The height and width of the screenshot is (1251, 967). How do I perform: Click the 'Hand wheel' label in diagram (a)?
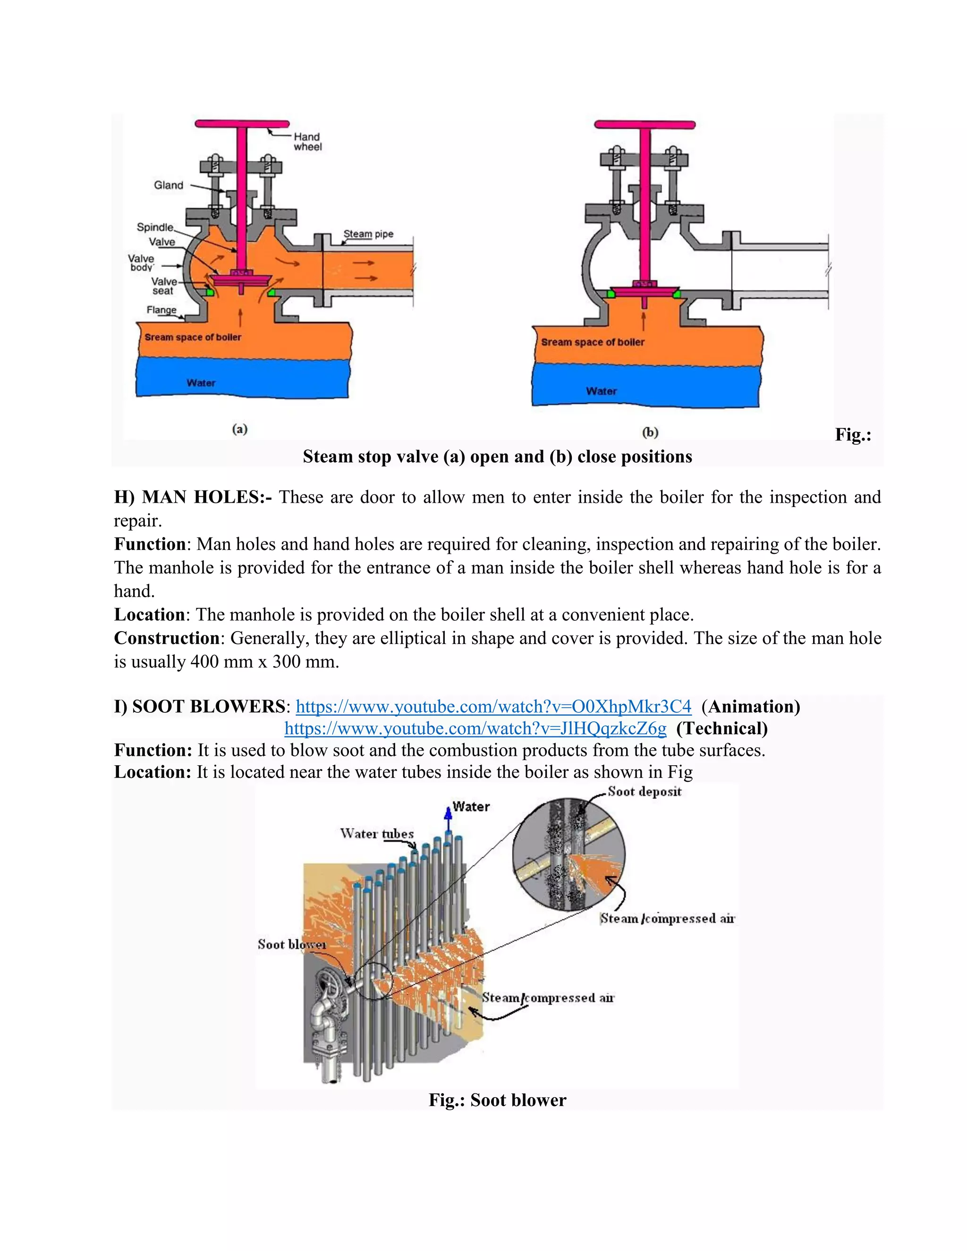tap(308, 142)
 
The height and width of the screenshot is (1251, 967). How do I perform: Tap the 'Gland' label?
tap(169, 185)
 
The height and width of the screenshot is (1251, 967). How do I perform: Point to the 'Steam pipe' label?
tap(368, 234)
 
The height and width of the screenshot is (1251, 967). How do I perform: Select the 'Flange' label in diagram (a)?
tap(161, 310)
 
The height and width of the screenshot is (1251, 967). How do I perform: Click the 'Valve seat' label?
tap(163, 286)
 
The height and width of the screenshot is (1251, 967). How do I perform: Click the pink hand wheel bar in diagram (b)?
tap(645, 124)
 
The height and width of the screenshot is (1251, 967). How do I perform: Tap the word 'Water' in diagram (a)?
tap(201, 383)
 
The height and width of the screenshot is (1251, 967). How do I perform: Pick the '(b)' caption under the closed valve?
tap(650, 432)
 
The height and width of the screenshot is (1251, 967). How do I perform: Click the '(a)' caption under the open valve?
tap(239, 429)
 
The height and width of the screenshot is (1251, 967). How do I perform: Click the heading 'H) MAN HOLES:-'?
tap(193, 497)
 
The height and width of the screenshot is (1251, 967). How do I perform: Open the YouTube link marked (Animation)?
tap(493, 706)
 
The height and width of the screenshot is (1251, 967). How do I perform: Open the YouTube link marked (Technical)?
tap(475, 728)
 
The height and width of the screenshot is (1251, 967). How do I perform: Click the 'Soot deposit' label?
tap(645, 792)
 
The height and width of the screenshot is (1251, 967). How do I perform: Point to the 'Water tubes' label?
tap(376, 833)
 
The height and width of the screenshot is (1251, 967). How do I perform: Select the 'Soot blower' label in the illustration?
tap(292, 944)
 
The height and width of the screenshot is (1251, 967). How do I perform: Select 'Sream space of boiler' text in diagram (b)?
tap(593, 342)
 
